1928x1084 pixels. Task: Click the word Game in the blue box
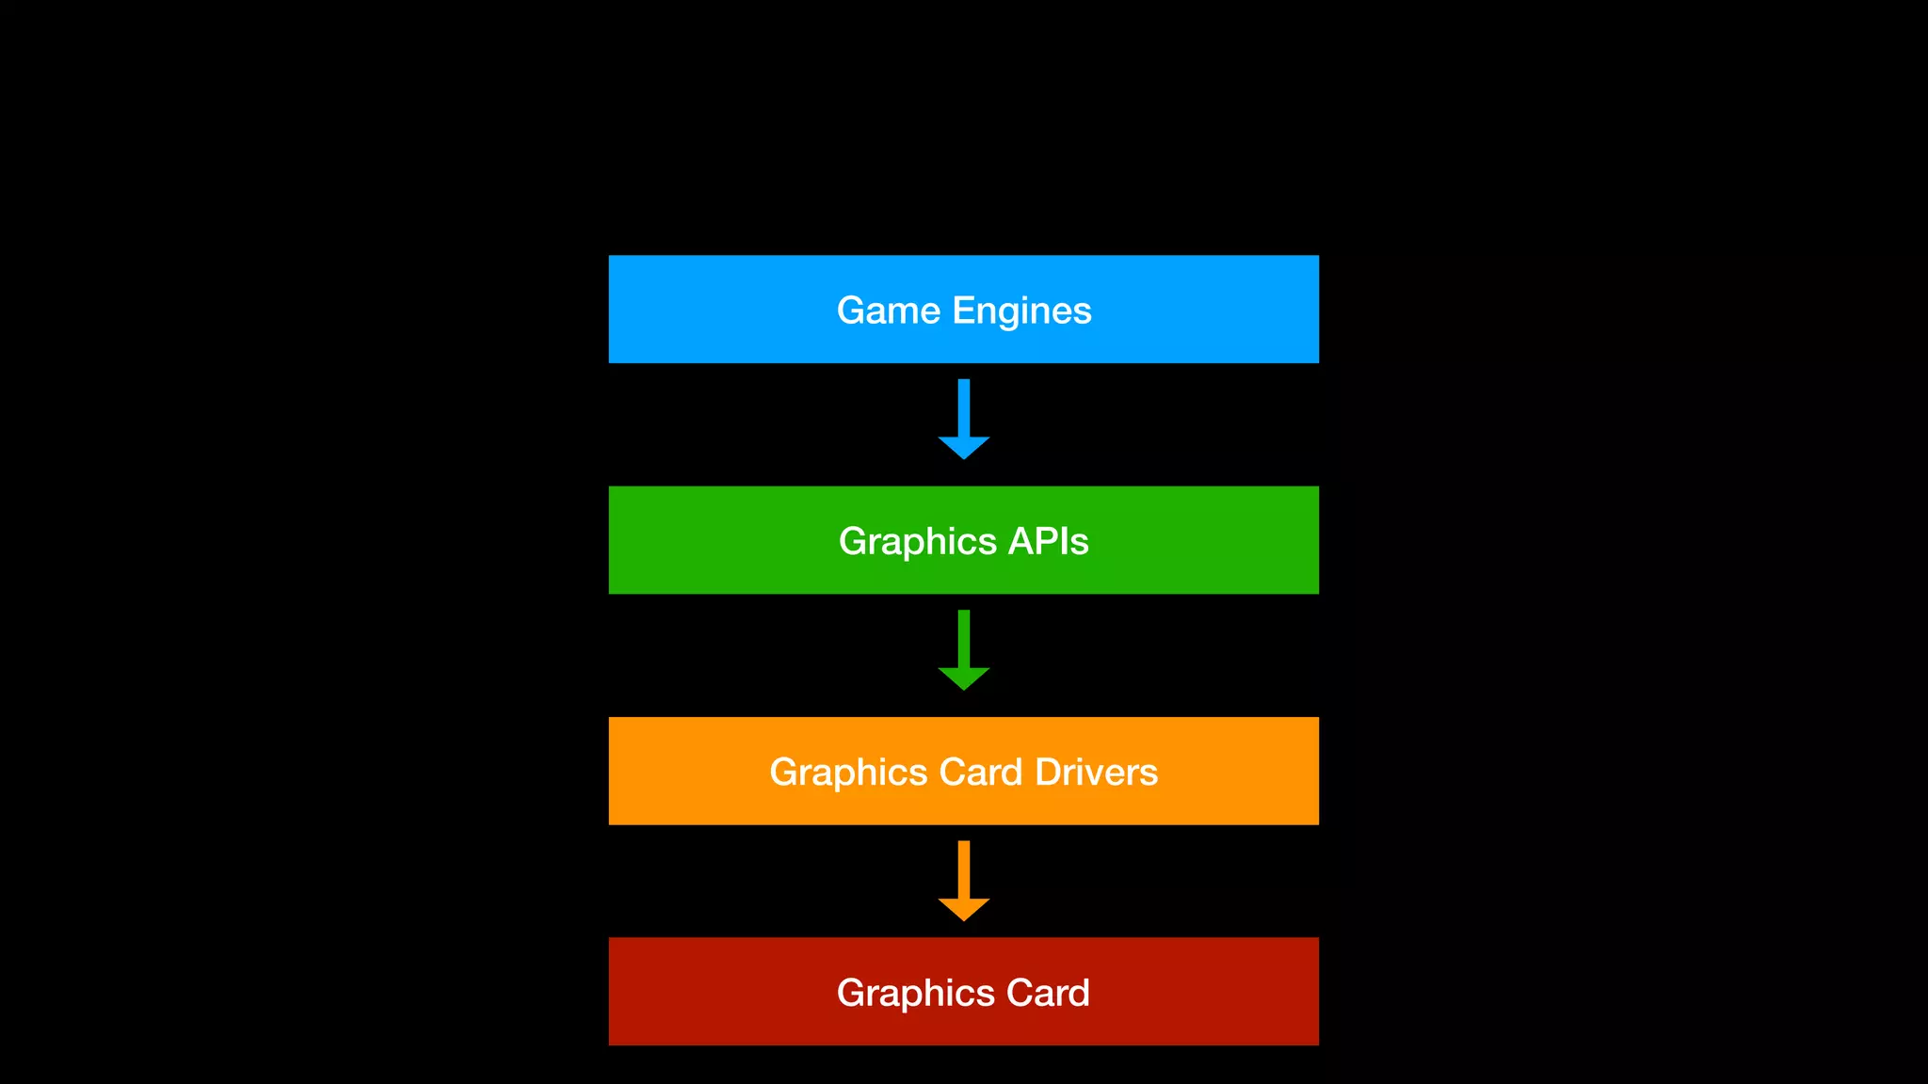pyautogui.click(x=888, y=311)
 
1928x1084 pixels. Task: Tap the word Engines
pyautogui.click(x=1021, y=311)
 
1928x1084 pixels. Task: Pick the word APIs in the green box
pyautogui.click(x=1048, y=541)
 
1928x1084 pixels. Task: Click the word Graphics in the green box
pyautogui.click(x=917, y=542)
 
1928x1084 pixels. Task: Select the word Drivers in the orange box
pyautogui.click(x=1096, y=772)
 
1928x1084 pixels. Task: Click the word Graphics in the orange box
pyautogui.click(x=848, y=773)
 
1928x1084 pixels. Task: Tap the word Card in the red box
pyautogui.click(x=1048, y=993)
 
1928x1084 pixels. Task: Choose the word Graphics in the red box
pyautogui.click(x=915, y=994)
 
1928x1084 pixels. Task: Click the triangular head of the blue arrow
pyautogui.click(x=963, y=446)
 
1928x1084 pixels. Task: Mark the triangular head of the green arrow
pyautogui.click(x=963, y=677)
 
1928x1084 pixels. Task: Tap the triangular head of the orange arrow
pyautogui.click(x=963, y=907)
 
